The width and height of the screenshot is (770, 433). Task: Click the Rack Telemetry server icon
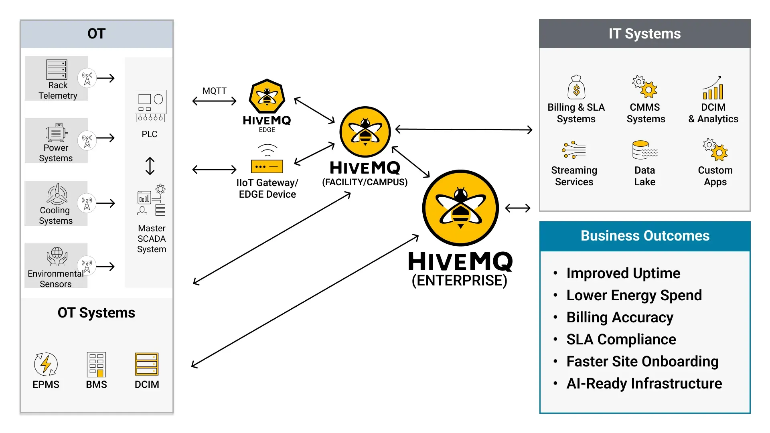(57, 70)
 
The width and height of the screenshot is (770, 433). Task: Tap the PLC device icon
(150, 106)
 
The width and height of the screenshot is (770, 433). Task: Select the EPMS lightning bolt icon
(46, 364)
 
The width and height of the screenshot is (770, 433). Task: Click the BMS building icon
(96, 364)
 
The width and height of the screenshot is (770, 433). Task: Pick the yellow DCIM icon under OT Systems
(147, 364)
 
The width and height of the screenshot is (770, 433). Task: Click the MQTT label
(215, 91)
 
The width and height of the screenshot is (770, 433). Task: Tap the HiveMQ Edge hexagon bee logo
(267, 96)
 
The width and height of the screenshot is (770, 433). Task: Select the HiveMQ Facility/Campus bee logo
(365, 132)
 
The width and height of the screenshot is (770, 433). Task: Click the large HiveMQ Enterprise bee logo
(460, 208)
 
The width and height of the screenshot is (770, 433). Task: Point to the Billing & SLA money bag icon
(576, 87)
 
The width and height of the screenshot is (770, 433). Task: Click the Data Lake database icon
(645, 150)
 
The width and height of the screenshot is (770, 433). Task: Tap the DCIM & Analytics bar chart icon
(713, 87)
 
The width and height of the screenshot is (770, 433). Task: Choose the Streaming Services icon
(574, 150)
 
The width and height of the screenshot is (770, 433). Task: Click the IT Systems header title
(644, 34)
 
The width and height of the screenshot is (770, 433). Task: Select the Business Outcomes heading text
(645, 236)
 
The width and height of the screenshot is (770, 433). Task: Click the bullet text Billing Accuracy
(620, 318)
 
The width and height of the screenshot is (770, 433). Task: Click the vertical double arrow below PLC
(150, 166)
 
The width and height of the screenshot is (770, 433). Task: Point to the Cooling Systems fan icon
(57, 194)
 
